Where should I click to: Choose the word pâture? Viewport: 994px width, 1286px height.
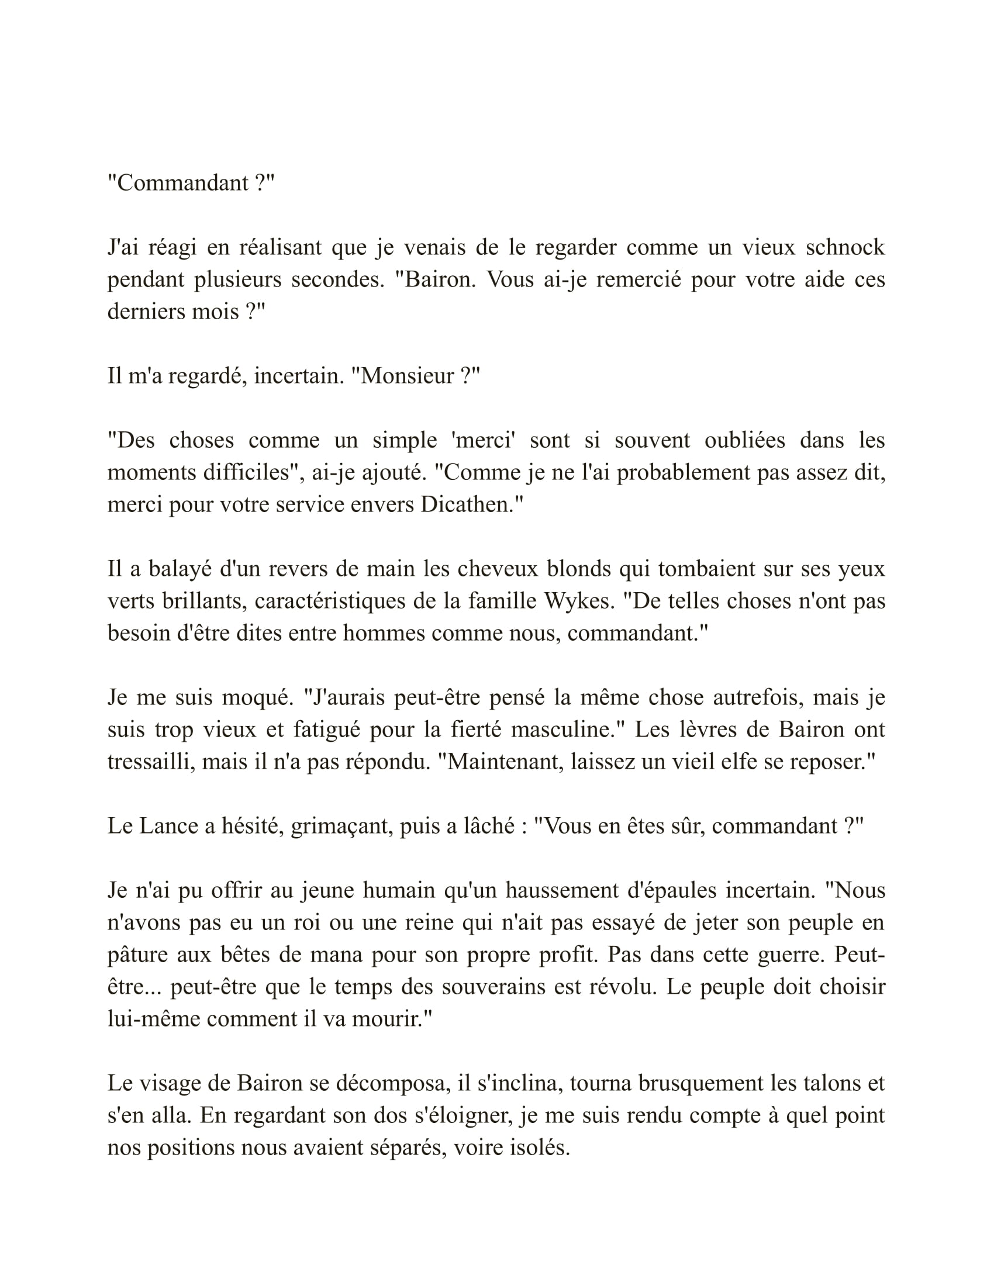136,955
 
